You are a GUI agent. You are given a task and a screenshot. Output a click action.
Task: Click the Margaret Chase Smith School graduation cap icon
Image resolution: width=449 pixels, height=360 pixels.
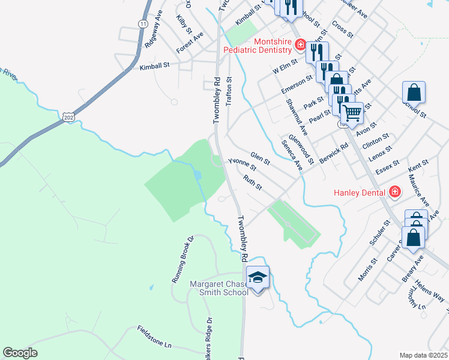click(x=258, y=277)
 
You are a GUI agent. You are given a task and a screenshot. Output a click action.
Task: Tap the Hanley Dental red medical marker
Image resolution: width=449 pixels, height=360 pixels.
click(x=395, y=192)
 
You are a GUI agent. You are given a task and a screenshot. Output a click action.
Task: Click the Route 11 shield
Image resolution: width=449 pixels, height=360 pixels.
click(x=142, y=23)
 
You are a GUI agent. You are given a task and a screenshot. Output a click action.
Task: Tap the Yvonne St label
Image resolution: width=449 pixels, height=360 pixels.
click(x=242, y=164)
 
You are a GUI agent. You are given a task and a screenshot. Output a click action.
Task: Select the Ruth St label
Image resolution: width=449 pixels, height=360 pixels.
click(x=253, y=182)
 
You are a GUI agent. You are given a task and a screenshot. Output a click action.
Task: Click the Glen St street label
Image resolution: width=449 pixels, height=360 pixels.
click(x=261, y=158)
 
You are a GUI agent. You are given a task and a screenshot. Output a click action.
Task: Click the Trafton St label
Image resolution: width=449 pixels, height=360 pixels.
click(x=229, y=92)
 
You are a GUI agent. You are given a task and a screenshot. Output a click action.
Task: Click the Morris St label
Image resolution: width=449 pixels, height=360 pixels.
click(x=367, y=270)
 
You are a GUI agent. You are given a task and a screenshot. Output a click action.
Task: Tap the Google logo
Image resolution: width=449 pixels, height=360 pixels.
click(x=20, y=353)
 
